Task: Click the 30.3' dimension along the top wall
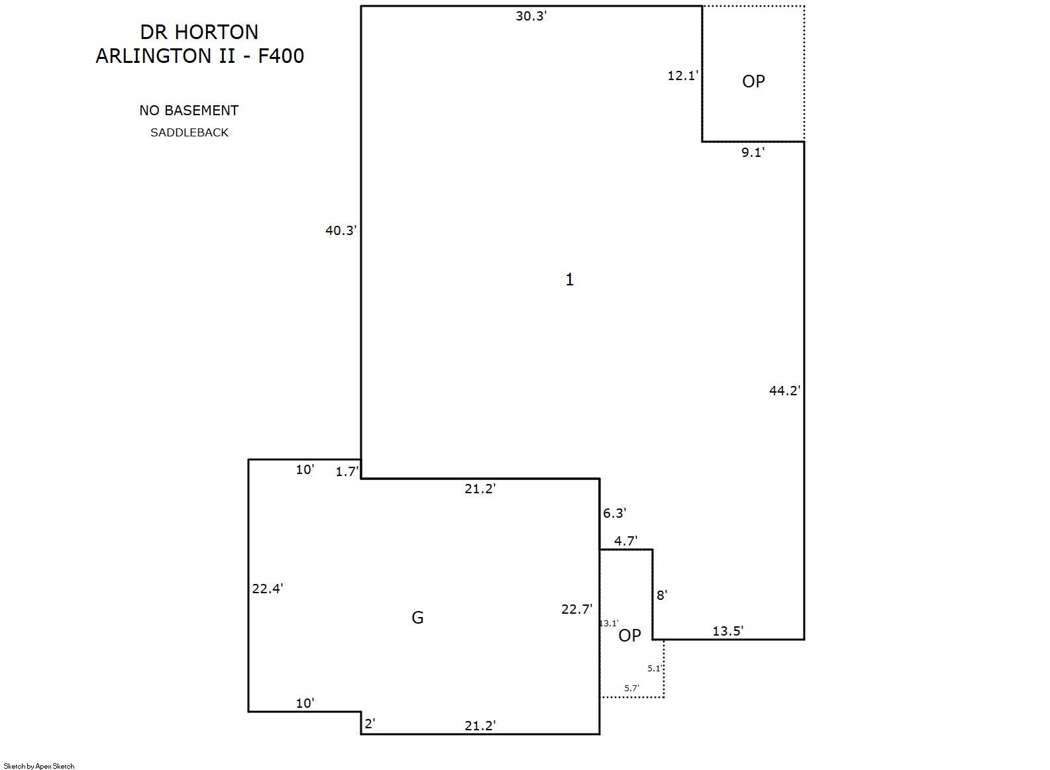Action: [531, 16]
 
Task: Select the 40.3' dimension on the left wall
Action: [341, 230]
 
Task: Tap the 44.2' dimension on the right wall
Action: [785, 391]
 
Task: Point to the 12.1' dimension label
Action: [683, 75]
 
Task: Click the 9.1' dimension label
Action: [753, 152]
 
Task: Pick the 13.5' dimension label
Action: [728, 631]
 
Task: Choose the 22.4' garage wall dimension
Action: [268, 589]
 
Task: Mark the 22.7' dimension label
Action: [577, 609]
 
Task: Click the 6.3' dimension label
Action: [615, 513]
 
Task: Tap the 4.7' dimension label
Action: [626, 541]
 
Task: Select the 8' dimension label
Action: [662, 595]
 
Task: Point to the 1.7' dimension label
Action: [347, 471]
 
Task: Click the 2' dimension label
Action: [370, 724]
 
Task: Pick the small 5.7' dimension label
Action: [631, 688]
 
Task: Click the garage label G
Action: [417, 618]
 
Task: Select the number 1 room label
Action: [570, 279]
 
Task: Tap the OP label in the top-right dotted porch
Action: [753, 81]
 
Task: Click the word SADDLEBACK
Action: [189, 132]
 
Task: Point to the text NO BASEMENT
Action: [189, 111]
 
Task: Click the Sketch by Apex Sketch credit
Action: [39, 766]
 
